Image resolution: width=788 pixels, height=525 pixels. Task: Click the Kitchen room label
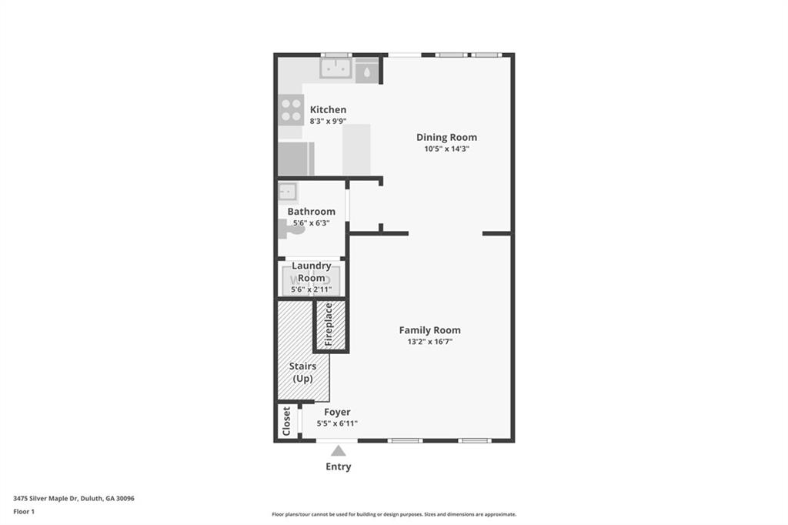(x=328, y=110)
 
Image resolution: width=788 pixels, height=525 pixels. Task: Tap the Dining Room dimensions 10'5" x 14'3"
(x=446, y=149)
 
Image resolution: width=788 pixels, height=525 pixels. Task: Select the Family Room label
(x=429, y=330)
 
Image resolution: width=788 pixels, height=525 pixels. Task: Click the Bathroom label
(x=311, y=212)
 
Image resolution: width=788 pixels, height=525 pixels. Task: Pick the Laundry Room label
(x=311, y=272)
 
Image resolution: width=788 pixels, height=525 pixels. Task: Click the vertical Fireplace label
(x=329, y=323)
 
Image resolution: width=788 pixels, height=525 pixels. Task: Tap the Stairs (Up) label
(x=302, y=373)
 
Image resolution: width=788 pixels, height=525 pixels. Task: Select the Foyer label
(x=337, y=413)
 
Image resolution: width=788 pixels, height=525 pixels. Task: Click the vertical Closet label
(x=287, y=421)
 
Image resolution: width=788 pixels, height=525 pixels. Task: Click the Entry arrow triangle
(x=339, y=451)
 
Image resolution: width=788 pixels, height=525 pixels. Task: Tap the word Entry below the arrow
(x=339, y=466)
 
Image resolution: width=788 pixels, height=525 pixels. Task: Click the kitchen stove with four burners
(x=291, y=109)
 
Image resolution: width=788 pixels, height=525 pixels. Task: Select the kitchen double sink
(x=336, y=69)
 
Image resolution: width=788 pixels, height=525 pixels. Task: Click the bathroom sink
(x=288, y=192)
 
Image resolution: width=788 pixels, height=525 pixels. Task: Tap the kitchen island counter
(x=356, y=149)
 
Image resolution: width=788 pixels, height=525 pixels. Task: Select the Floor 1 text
(x=24, y=511)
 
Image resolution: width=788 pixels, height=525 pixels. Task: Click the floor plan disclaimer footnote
(x=394, y=514)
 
